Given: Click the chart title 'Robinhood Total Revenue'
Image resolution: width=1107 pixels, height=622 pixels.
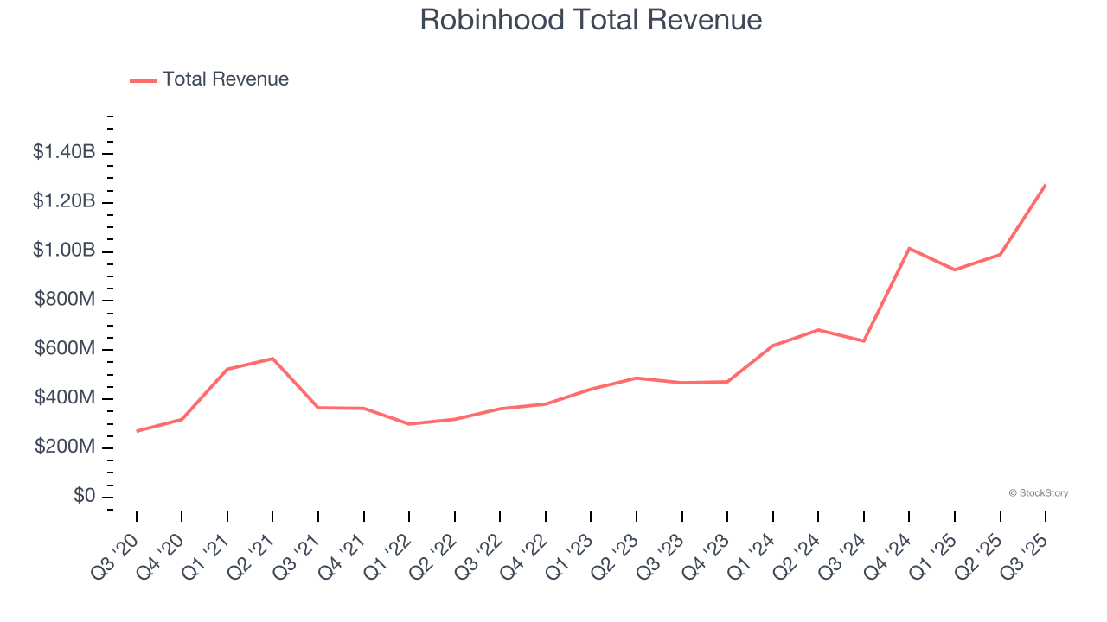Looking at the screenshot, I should pos(591,20).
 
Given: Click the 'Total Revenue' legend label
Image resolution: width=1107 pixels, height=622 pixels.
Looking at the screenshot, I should pos(225,79).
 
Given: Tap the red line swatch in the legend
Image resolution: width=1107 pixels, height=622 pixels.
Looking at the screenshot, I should pos(143,80).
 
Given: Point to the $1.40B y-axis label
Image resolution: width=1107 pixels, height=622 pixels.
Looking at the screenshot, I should pos(64,152).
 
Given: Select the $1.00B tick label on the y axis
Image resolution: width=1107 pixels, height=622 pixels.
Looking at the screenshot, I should pos(64,251).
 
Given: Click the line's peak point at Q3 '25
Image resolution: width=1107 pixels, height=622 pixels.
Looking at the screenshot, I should pos(1046,185).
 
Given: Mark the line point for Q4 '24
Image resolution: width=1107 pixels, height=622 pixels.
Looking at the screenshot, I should pos(909,248).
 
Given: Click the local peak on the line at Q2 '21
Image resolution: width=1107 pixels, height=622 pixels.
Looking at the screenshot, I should pos(272,359).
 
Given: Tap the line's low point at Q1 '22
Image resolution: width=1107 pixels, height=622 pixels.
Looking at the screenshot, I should pos(409,424).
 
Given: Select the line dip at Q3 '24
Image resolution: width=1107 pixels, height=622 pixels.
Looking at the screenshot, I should pos(864,341).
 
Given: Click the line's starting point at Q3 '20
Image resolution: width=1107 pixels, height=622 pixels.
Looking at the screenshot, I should pos(137,431).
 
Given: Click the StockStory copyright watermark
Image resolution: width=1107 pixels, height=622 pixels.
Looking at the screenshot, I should pos(1038,493).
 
